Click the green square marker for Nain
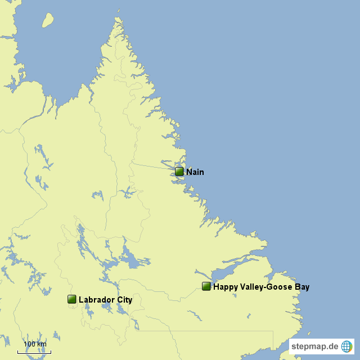coord(179,172)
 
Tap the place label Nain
coord(195,172)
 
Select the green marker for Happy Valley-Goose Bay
coord(206,286)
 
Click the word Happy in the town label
coord(224,287)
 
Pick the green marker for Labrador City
coord(72,299)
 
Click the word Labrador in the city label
coord(97,300)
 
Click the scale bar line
coord(34,352)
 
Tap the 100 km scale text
coord(34,344)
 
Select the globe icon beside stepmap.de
coord(346,346)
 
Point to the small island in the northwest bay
coord(48,21)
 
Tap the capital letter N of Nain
coord(189,172)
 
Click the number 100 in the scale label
coord(29,344)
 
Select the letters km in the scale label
coord(42,344)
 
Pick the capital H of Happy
coord(216,287)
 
